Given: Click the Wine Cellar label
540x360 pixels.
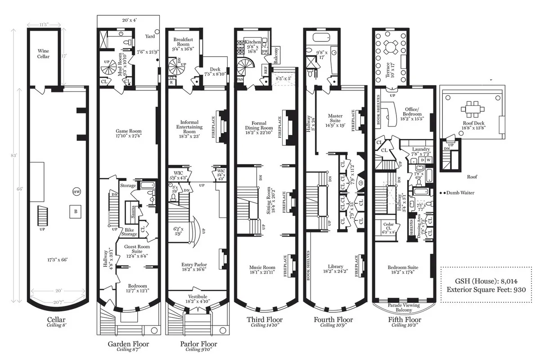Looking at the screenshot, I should click(44, 54).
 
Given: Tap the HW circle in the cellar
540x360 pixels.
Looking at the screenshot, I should click(76, 192).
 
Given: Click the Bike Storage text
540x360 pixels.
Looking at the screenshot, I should click(129, 231).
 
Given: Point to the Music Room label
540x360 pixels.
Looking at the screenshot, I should click(262, 268).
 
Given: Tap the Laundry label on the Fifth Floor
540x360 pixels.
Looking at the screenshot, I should click(421, 149).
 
